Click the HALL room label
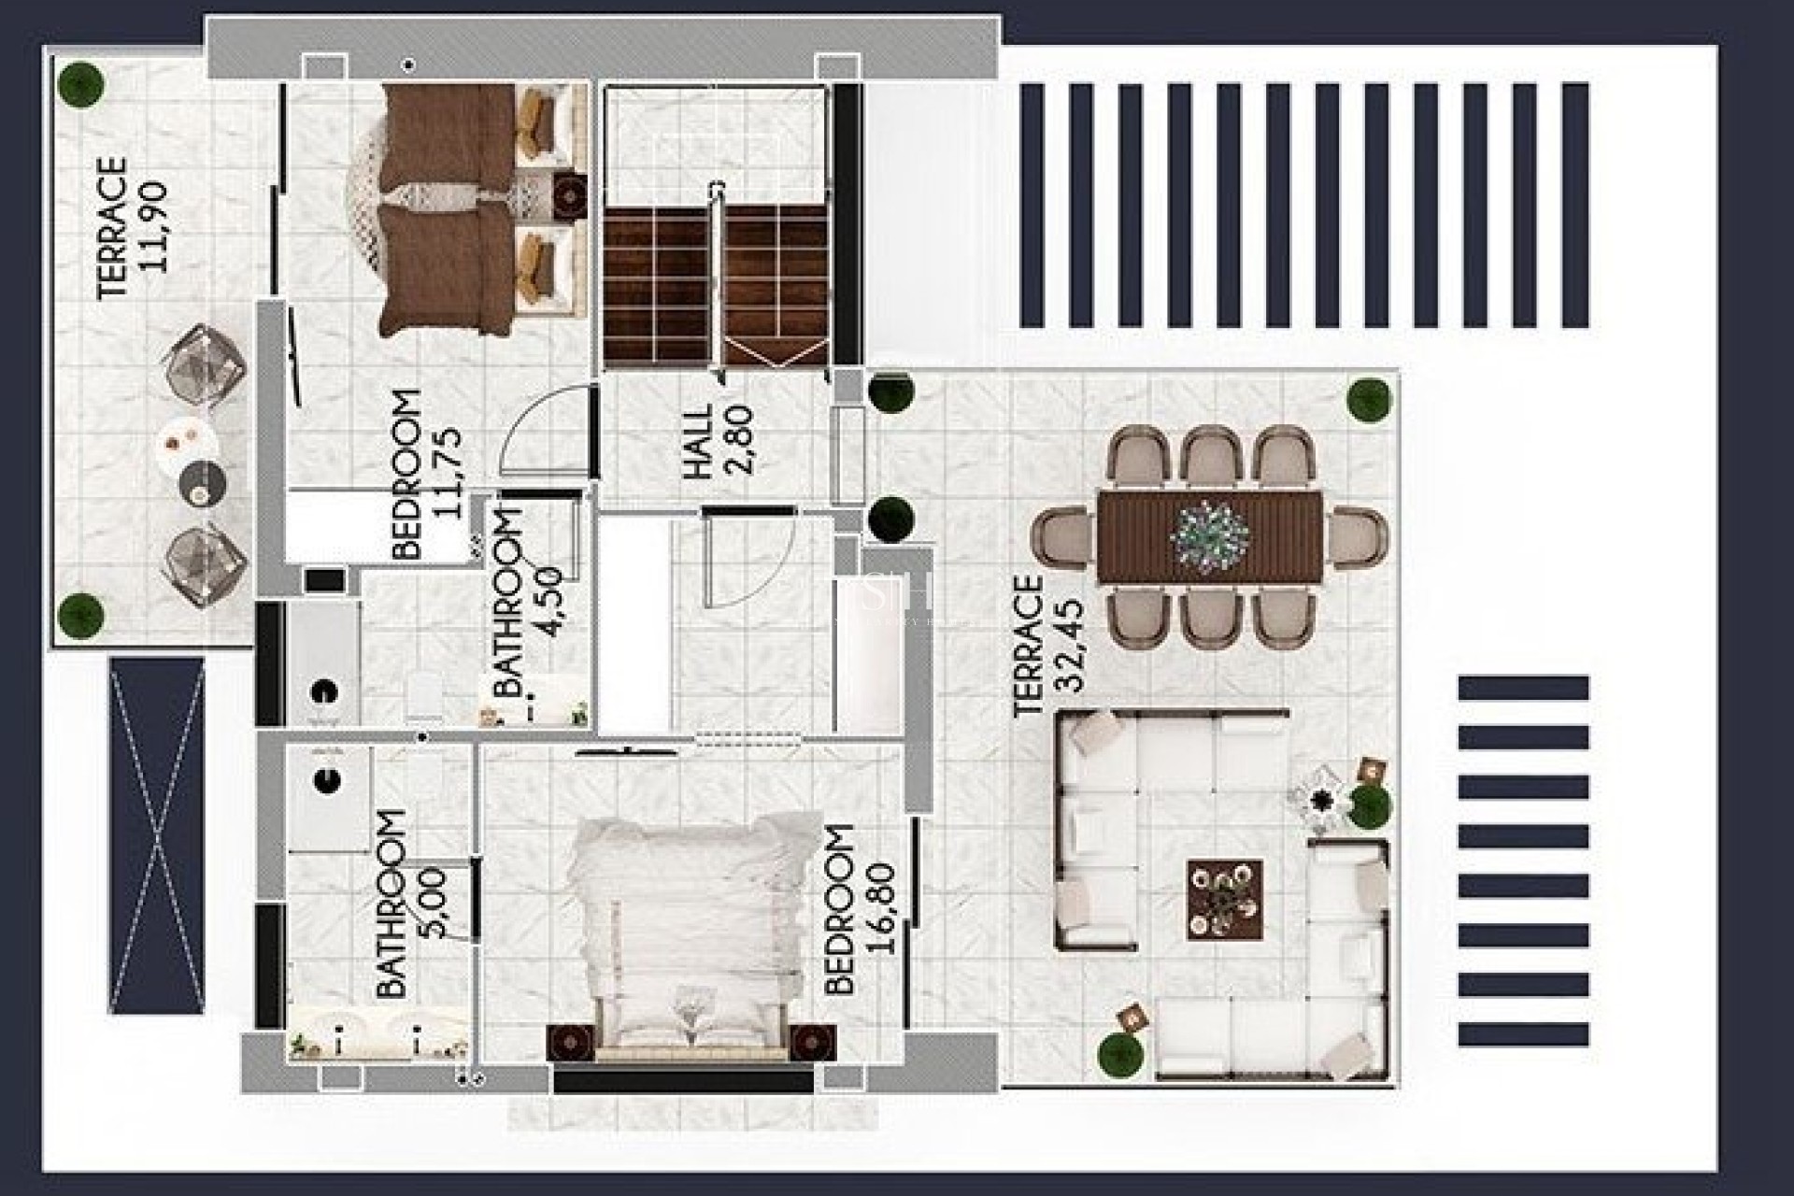point(698,441)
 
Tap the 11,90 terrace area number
point(155,226)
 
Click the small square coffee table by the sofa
point(1224,898)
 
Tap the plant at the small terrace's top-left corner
point(80,83)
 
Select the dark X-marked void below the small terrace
point(156,835)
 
